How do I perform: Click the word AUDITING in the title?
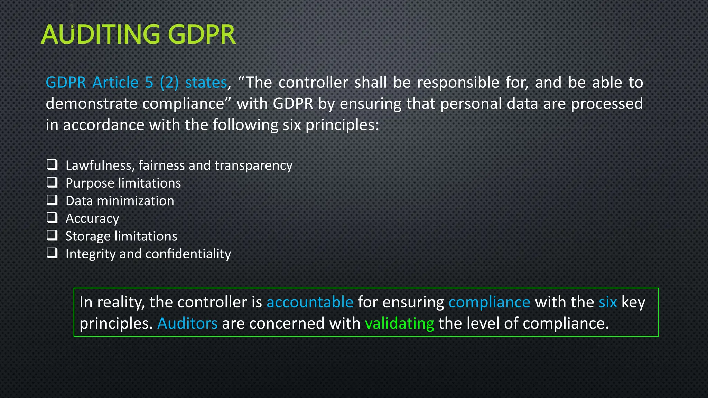[x=101, y=35]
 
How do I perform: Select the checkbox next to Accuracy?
[x=52, y=218]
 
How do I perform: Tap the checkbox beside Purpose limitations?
[x=52, y=182]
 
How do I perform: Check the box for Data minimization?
[x=52, y=200]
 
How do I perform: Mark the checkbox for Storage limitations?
[x=52, y=235]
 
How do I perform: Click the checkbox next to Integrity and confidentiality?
[x=52, y=253]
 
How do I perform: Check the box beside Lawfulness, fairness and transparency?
[x=52, y=164]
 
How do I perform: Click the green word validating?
[x=399, y=324]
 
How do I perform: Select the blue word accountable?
[x=310, y=302]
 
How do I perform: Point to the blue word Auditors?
[x=187, y=324]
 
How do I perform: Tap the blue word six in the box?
[x=608, y=302]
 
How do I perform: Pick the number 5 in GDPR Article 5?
[x=149, y=83]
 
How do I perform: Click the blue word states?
[x=206, y=83]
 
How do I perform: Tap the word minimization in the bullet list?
[x=136, y=201]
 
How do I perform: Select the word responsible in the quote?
[x=458, y=83]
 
